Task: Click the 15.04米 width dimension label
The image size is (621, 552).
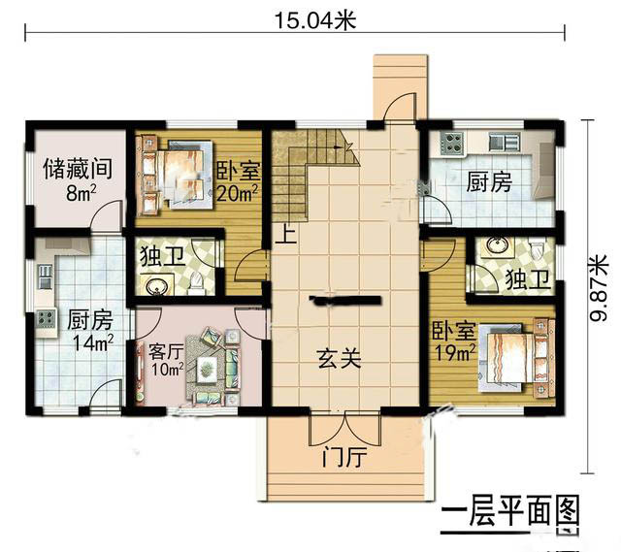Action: coord(315,20)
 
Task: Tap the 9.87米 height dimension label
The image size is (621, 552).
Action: coord(599,288)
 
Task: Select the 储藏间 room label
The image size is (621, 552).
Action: coord(78,169)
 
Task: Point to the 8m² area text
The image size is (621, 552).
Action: coord(82,193)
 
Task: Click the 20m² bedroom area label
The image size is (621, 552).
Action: coord(238,193)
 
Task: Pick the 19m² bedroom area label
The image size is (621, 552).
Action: coord(455,352)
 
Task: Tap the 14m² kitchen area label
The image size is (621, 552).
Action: coord(93,341)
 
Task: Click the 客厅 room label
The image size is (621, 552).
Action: coord(166,351)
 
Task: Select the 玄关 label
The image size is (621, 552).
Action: coord(340,359)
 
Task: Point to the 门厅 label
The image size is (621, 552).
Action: coord(343,457)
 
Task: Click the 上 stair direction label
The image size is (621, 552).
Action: coord(285,235)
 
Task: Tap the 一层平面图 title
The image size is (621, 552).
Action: coord(509,512)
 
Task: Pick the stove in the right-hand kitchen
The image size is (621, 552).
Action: coord(452,144)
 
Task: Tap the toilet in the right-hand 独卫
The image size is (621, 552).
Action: coord(537,249)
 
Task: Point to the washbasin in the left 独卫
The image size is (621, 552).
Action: coord(157,286)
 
